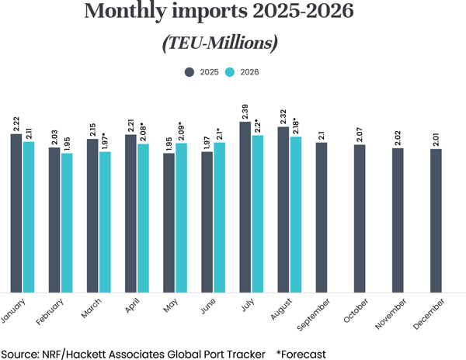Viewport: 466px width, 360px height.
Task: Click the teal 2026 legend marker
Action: [231, 72]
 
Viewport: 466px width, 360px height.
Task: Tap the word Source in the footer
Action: [21, 353]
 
